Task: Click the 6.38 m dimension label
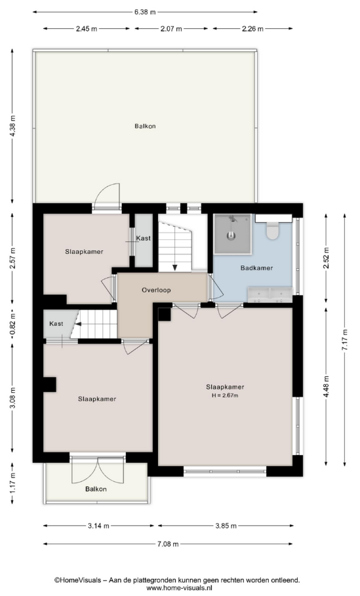[145, 12]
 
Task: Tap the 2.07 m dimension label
[171, 28]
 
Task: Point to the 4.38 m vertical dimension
[12, 126]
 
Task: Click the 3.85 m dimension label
[226, 526]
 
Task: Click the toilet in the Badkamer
[273, 230]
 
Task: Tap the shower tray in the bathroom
[232, 234]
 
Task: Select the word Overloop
[156, 290]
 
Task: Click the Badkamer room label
[256, 268]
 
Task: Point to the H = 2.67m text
[225, 395]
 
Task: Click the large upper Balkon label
[145, 126]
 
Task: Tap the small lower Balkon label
[96, 489]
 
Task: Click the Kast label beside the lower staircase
[56, 324]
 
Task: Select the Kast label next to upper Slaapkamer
[144, 238]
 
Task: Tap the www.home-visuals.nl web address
[180, 588]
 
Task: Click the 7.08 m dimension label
[168, 544]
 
